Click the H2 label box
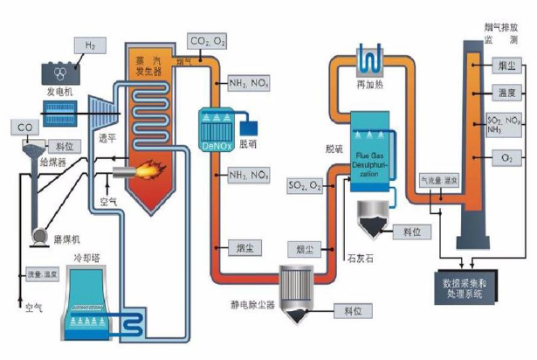(x=90, y=45)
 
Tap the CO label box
(x=25, y=128)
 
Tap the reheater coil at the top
(x=370, y=59)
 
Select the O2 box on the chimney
(x=506, y=156)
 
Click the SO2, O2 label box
(x=305, y=185)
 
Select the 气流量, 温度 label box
(x=439, y=179)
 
